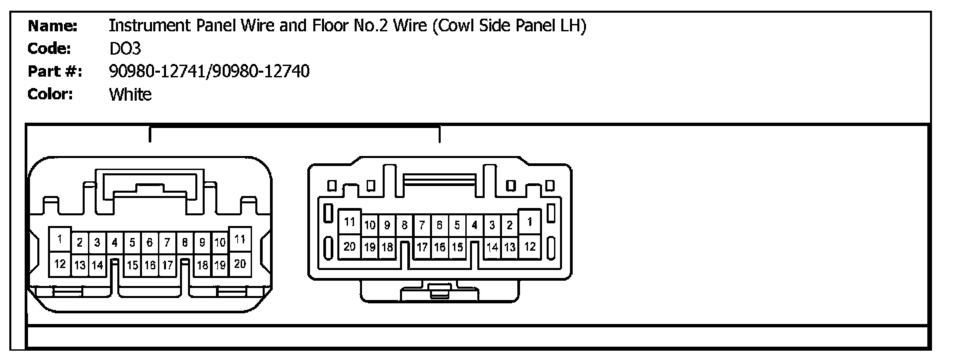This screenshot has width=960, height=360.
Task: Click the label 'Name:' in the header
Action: (x=53, y=26)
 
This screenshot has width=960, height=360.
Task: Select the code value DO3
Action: (x=125, y=49)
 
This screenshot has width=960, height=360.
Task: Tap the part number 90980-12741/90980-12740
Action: (x=209, y=71)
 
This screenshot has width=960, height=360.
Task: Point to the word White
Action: (x=130, y=94)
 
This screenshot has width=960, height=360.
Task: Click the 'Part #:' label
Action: (x=54, y=71)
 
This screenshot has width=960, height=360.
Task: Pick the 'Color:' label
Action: (x=50, y=94)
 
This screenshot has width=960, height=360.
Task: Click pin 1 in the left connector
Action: (x=60, y=239)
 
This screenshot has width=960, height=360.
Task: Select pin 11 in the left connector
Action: (x=240, y=239)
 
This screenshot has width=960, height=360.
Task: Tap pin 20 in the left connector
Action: (x=240, y=264)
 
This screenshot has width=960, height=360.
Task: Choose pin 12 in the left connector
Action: (x=60, y=264)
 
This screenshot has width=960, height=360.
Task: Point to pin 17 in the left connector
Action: (x=167, y=265)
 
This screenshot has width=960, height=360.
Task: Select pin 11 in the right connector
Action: (x=349, y=222)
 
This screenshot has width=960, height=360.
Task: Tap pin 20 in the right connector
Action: (x=349, y=246)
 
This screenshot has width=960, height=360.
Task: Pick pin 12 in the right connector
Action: (x=530, y=247)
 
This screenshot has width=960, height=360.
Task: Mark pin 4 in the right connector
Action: (x=474, y=225)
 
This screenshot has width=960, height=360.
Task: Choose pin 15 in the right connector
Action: (x=457, y=247)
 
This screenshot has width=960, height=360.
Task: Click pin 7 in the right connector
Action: (x=422, y=225)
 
